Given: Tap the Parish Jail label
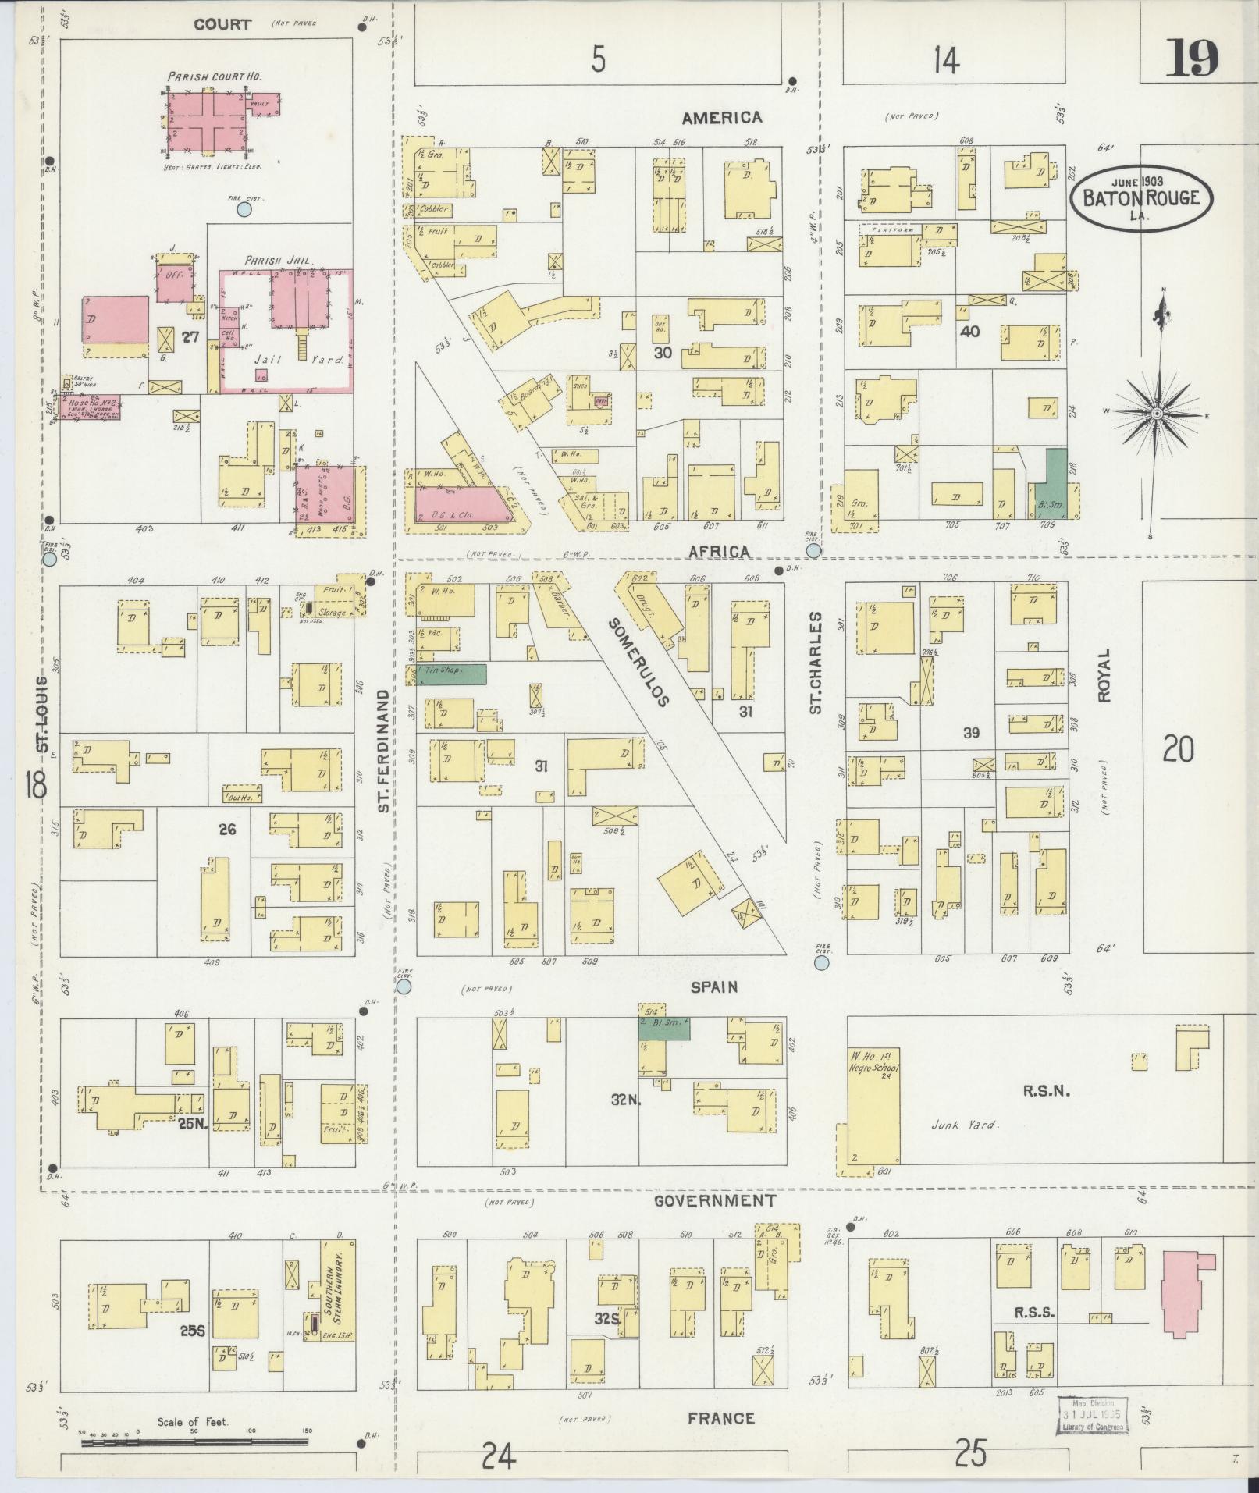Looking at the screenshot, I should click(x=278, y=260).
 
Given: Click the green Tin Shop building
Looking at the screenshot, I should click(x=451, y=674).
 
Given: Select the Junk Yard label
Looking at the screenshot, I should click(x=964, y=1125).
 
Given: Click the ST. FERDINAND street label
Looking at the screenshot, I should click(x=383, y=750).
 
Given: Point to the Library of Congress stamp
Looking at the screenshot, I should click(x=1092, y=1415).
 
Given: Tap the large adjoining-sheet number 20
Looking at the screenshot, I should click(x=1178, y=750).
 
